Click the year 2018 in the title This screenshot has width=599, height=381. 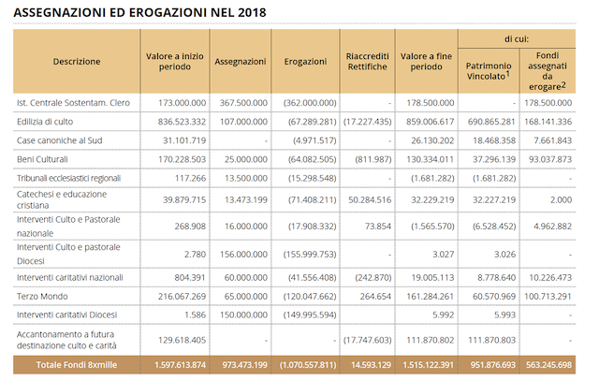(252, 12)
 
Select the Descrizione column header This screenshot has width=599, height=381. (77, 62)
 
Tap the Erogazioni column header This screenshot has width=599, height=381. (305, 62)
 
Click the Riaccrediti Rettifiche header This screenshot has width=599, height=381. (367, 62)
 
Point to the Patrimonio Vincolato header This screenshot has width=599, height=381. (489, 71)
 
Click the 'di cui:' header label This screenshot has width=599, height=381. (517, 39)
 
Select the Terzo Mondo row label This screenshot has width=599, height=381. (42, 296)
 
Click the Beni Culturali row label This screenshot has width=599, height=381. (42, 159)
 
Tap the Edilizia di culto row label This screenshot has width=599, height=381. (45, 122)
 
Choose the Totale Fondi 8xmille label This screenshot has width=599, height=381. (77, 365)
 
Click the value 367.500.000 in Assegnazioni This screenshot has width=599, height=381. (243, 103)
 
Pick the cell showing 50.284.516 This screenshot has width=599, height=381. (370, 200)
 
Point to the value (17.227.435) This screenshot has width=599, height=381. (367, 122)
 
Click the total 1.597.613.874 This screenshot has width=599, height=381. (180, 365)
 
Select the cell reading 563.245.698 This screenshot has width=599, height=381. (548, 365)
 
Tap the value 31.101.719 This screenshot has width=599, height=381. (184, 140)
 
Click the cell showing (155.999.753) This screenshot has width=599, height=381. (310, 254)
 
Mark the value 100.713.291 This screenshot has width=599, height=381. (548, 296)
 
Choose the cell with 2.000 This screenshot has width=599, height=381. (562, 200)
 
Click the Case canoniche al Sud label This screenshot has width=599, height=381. (59, 140)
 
